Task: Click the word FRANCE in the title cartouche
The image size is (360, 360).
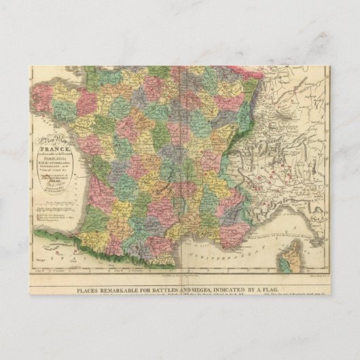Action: pos(54,142)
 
